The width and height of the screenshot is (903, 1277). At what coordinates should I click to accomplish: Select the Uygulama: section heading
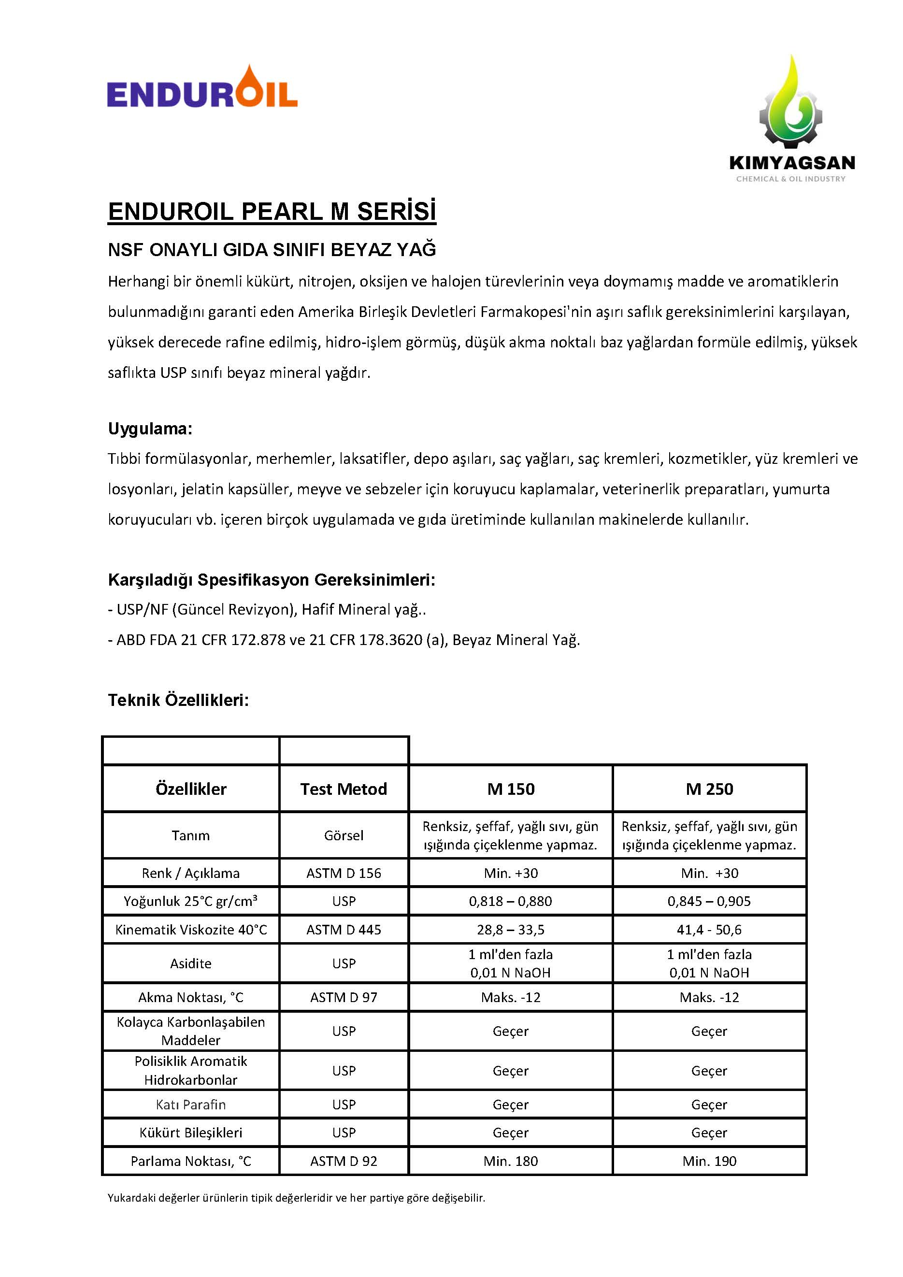150,429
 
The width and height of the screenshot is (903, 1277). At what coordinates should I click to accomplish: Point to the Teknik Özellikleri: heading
178,700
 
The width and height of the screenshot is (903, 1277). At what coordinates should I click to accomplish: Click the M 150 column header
510,789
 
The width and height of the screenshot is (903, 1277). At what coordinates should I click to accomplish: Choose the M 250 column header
709,789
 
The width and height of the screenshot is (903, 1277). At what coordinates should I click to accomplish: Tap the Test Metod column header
344,789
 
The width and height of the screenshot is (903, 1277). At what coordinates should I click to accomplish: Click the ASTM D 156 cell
344,873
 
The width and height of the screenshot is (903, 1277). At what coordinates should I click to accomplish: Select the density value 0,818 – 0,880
510,901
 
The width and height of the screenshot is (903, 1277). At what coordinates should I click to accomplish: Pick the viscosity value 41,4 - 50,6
709,930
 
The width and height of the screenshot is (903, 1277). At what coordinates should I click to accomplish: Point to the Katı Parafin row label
191,1105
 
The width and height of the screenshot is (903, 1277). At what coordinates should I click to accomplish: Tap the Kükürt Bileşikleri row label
191,1133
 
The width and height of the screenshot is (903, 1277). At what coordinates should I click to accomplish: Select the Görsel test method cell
344,835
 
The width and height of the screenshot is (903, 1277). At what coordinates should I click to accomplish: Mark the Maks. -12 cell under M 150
510,997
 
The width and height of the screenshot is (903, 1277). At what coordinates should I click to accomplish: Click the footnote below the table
296,1197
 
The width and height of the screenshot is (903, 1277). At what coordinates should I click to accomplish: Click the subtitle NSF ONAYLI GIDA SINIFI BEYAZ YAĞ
272,250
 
